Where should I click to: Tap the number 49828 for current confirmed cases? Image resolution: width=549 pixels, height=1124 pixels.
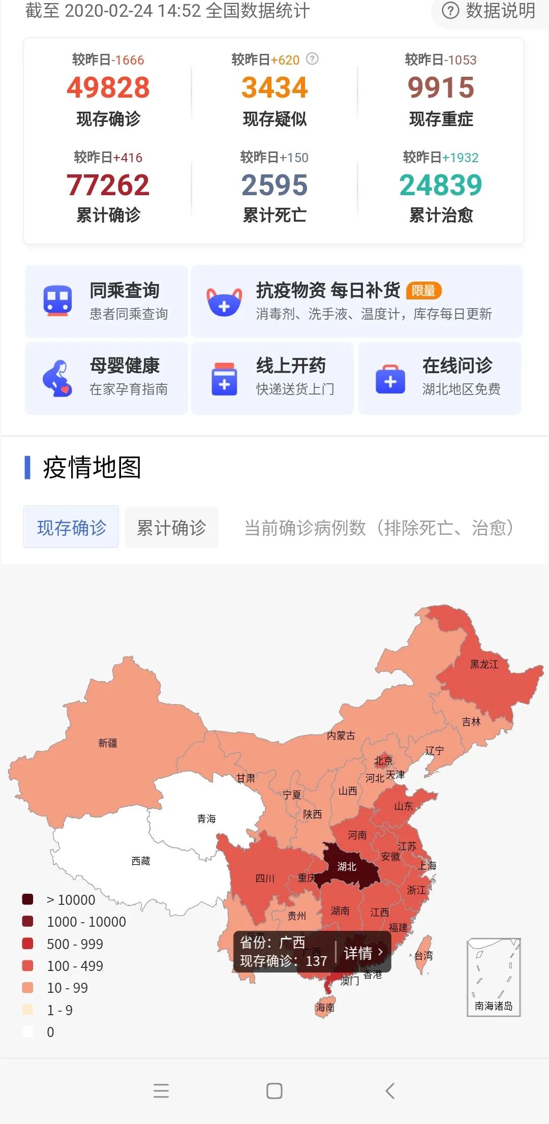click(x=108, y=87)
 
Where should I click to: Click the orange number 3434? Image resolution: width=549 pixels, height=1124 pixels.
click(x=274, y=87)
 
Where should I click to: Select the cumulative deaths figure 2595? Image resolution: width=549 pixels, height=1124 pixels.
click(x=274, y=185)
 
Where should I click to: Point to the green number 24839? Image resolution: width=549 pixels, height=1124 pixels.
click(x=441, y=185)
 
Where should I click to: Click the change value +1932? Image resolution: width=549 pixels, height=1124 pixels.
click(x=460, y=158)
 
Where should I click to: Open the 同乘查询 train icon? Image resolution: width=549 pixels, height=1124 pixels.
click(x=57, y=301)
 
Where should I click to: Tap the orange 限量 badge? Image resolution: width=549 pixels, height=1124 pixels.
click(x=423, y=290)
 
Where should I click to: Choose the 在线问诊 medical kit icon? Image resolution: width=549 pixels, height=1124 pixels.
click(x=390, y=379)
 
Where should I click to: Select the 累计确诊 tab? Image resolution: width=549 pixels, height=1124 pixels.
click(x=171, y=528)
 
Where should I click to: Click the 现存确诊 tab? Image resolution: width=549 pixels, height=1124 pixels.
click(x=71, y=528)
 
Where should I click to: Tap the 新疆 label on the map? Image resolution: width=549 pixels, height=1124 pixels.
click(x=108, y=743)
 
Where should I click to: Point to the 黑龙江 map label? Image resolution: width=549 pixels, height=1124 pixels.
click(x=484, y=664)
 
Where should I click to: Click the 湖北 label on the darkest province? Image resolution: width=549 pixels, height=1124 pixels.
click(x=347, y=866)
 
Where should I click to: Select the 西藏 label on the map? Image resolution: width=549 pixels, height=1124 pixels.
click(x=141, y=861)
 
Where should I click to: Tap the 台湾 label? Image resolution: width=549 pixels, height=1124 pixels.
click(x=423, y=956)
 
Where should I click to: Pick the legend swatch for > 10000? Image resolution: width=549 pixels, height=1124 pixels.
click(x=28, y=899)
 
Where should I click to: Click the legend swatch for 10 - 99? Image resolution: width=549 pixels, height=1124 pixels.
click(x=28, y=988)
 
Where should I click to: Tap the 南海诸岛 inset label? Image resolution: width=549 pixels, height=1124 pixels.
click(x=493, y=1006)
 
